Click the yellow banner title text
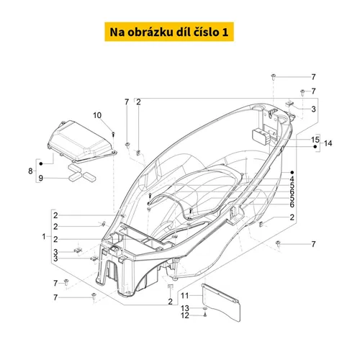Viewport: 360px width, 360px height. point(169,32)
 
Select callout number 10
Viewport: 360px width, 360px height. point(97,115)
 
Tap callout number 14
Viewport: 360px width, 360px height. point(328,143)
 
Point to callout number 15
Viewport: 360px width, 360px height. point(315,140)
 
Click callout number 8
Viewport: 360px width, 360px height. point(30,171)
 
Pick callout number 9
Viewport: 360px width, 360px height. point(41,179)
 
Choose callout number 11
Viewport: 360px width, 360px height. point(185,296)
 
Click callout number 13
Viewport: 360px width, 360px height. point(185,308)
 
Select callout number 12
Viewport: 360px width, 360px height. point(185,315)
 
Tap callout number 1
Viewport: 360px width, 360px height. point(44,237)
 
